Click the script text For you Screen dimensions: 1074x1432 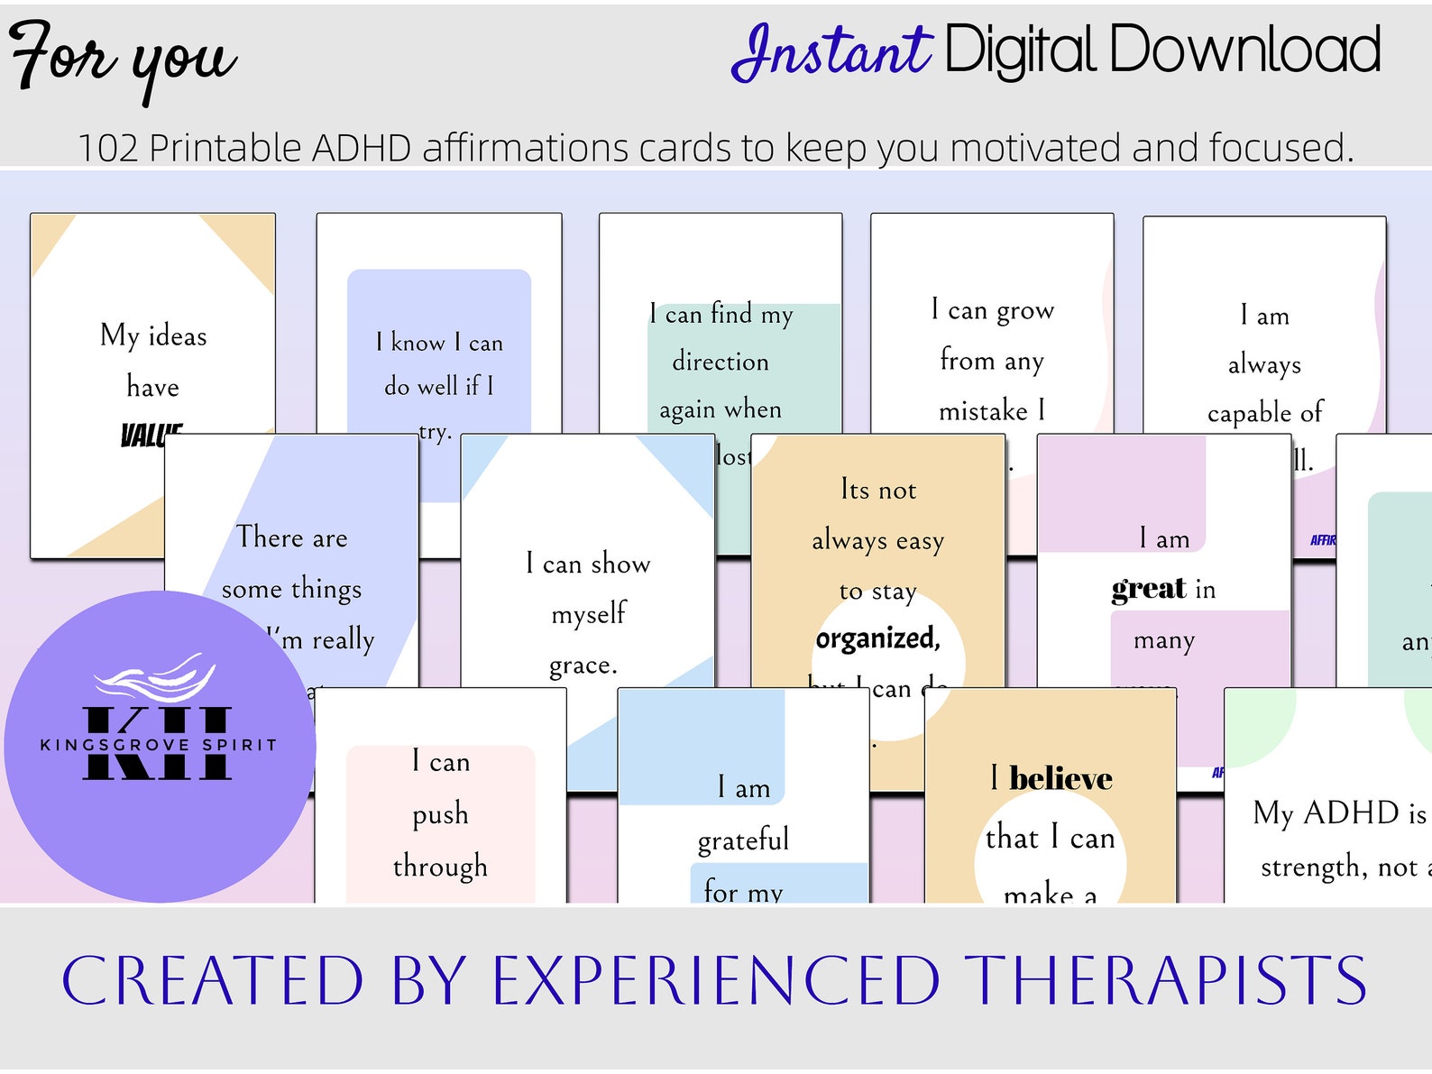(122, 57)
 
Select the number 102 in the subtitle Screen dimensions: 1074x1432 (108, 148)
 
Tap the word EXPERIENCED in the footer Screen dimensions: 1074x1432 (717, 981)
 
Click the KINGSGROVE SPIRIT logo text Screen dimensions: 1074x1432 (159, 745)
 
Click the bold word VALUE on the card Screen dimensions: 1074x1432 (151, 436)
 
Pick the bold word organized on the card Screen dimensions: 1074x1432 (877, 638)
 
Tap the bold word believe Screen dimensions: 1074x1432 (1060, 778)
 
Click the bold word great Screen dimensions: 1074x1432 (1149, 589)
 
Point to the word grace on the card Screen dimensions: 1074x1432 (583, 666)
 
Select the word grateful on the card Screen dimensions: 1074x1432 (743, 840)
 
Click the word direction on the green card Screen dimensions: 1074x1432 (721, 362)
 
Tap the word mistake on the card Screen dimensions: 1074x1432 (983, 411)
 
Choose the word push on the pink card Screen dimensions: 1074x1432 (440, 814)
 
